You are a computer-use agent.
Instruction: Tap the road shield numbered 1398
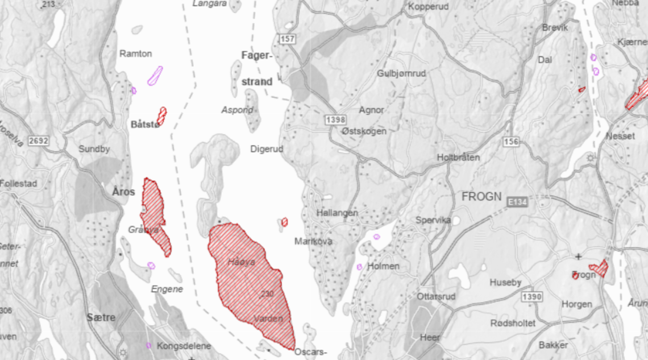(x=335, y=119)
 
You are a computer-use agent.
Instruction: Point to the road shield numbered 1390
(x=531, y=297)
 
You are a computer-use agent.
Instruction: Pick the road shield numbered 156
(x=510, y=142)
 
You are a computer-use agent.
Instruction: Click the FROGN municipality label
(x=481, y=197)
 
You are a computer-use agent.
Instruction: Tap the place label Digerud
(x=267, y=149)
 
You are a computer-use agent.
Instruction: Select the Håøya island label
(x=242, y=262)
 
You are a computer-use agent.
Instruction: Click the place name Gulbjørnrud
(x=401, y=73)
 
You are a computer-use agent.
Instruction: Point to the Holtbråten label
(x=458, y=157)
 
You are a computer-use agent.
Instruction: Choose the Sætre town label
(x=102, y=317)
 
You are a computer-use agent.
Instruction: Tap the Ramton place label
(x=136, y=53)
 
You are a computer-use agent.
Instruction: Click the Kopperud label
(x=429, y=7)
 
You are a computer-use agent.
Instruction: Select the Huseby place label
(x=505, y=282)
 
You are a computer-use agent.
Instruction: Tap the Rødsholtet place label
(x=513, y=323)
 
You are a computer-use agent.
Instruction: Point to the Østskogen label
(x=364, y=131)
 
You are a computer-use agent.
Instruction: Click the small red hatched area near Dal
(x=581, y=89)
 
